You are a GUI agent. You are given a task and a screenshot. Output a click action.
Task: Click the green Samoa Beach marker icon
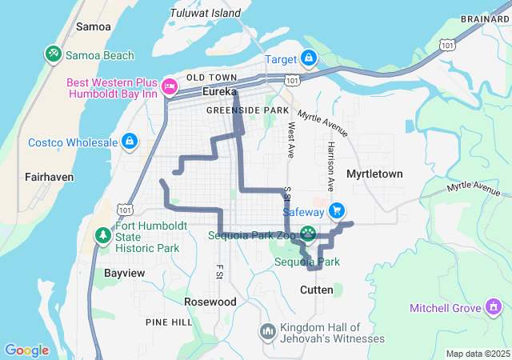(x=54, y=54)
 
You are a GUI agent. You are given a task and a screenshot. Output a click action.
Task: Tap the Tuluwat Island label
(x=205, y=14)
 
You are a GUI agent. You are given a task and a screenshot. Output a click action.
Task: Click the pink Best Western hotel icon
(x=170, y=85)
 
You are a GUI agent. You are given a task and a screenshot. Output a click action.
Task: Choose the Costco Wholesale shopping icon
(x=129, y=142)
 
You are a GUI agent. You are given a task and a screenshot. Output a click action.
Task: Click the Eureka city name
(x=219, y=92)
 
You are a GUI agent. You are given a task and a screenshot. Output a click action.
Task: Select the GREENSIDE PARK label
(x=247, y=110)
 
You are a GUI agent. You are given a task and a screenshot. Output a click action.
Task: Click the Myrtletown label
(x=374, y=174)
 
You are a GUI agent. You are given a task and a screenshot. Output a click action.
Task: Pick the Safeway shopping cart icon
(x=337, y=211)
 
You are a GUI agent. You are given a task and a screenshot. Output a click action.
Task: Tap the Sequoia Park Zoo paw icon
(x=308, y=234)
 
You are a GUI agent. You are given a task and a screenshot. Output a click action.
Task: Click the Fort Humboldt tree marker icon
(x=102, y=235)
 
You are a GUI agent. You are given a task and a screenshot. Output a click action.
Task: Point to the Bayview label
(x=125, y=273)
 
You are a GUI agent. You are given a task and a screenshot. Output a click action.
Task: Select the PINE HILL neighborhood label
(x=169, y=322)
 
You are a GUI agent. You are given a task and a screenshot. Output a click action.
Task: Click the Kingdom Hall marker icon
(x=268, y=330)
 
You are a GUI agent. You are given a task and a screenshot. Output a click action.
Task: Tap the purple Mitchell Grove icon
(x=494, y=307)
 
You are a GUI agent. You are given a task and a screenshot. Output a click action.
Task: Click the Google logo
(x=26, y=350)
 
